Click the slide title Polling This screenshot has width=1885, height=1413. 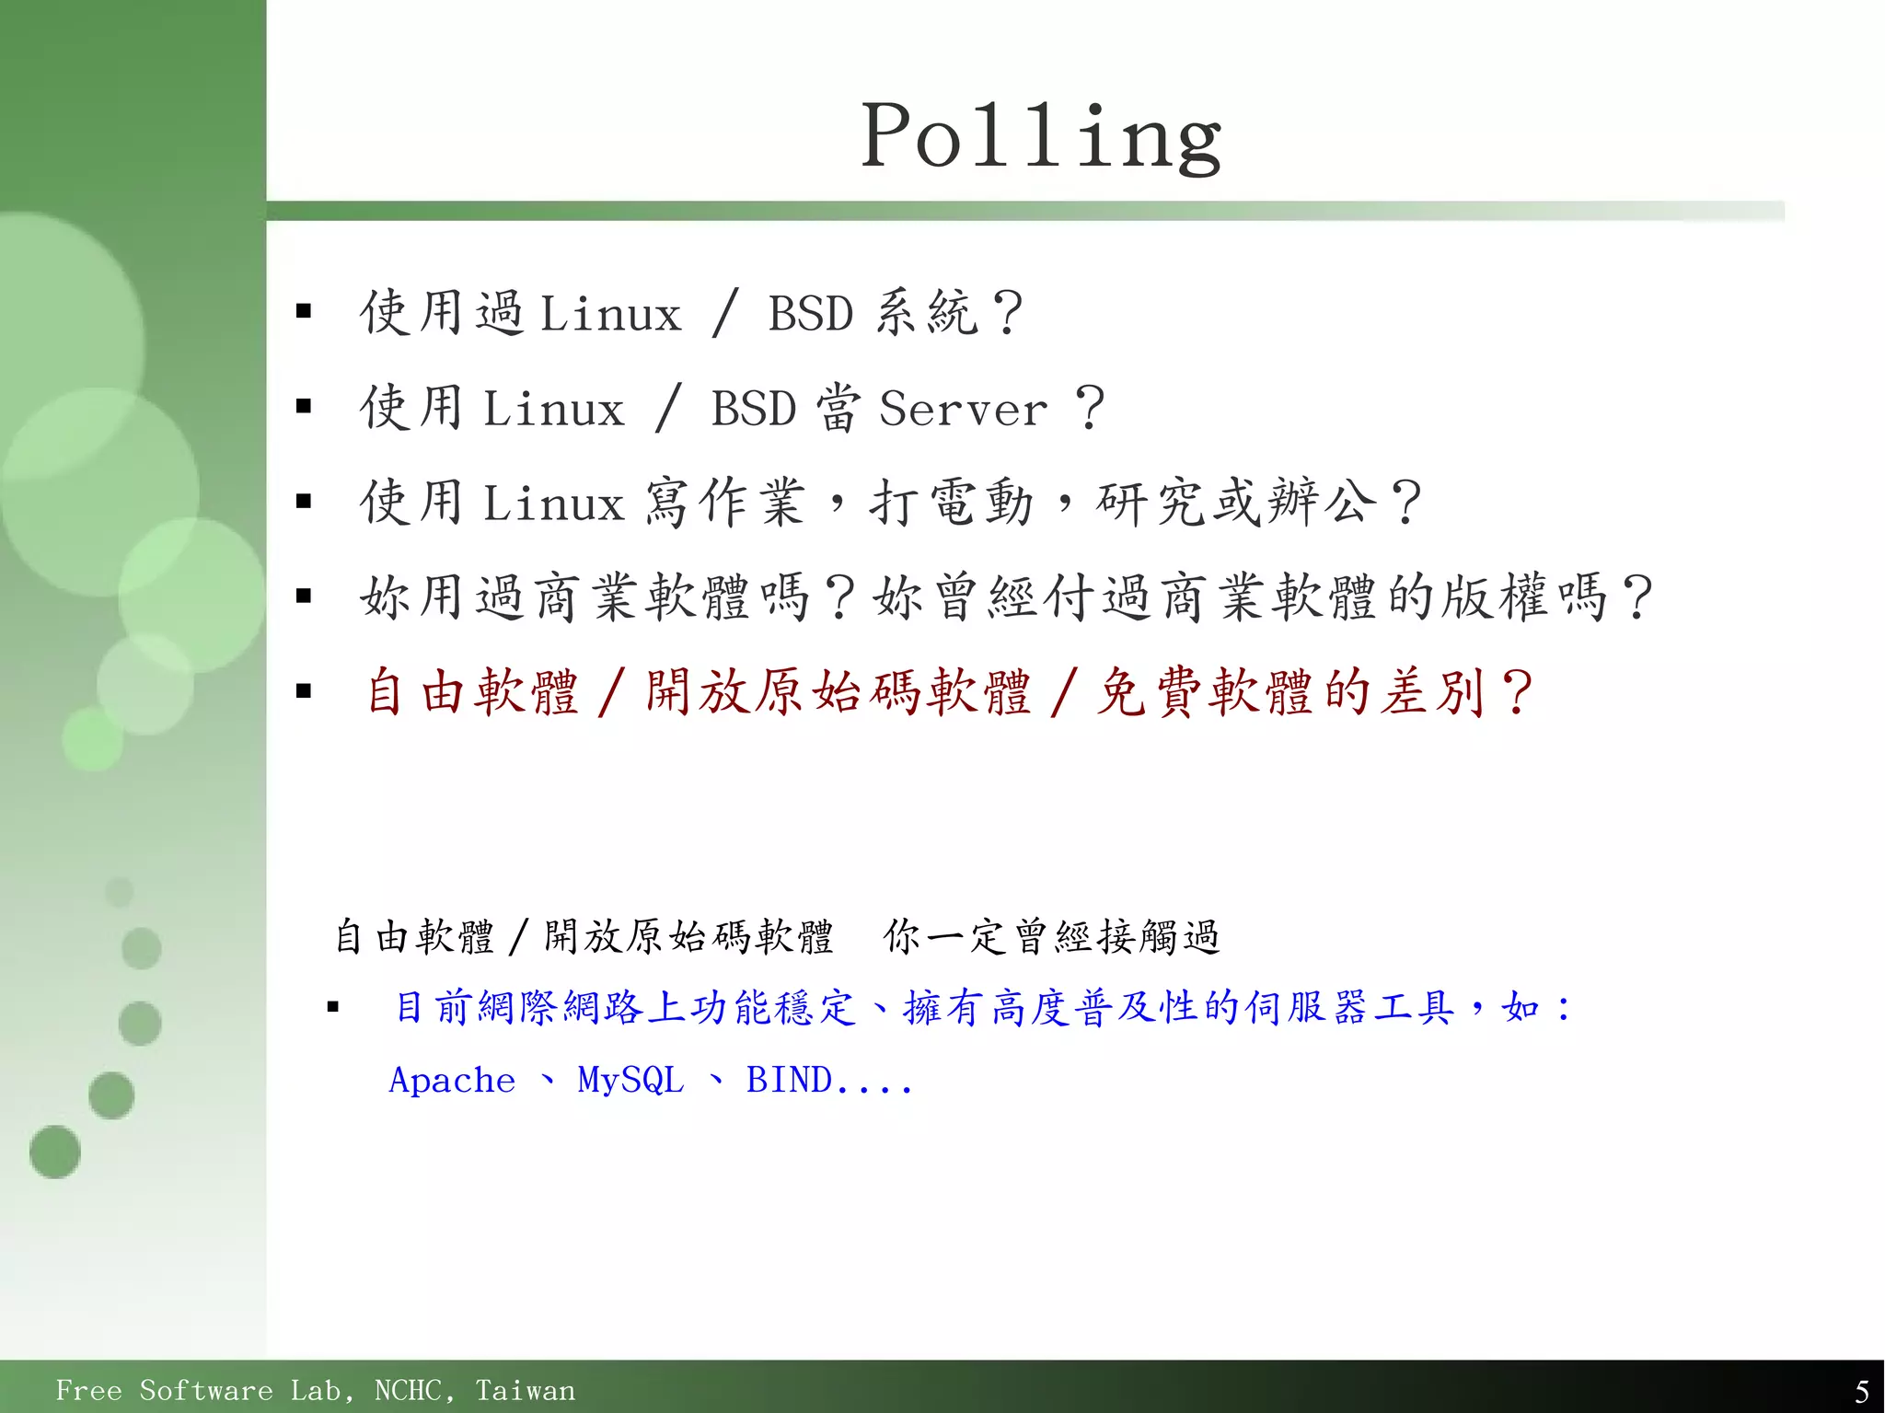coord(1041,136)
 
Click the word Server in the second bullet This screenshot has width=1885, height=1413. coord(963,409)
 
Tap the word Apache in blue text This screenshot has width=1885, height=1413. coord(452,1080)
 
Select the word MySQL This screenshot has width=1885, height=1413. coord(630,1080)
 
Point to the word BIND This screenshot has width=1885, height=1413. coord(789,1080)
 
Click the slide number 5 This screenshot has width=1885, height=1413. coord(1861,1390)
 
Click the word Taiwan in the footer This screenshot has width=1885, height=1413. coord(525,1390)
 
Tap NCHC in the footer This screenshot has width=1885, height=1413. coord(414,1390)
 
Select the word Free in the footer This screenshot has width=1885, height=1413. coord(88,1390)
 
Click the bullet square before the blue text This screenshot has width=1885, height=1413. coord(333,1008)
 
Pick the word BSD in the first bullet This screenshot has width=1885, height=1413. coord(811,314)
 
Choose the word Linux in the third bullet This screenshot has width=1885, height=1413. coord(553,504)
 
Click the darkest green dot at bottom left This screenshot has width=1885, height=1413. coord(55,1152)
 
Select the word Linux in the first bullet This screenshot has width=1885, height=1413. coord(610,314)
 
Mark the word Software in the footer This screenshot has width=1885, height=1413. coord(206,1390)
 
